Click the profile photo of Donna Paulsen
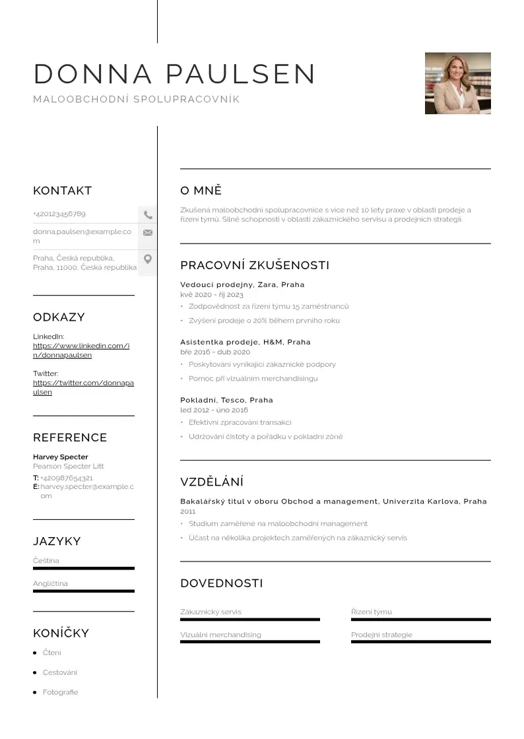click(x=457, y=83)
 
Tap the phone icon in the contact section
click(x=148, y=214)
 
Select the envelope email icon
click(x=148, y=232)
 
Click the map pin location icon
click(x=148, y=259)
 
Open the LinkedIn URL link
click(x=81, y=350)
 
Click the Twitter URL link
click(x=83, y=387)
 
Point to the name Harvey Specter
click(x=60, y=457)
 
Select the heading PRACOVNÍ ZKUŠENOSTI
click(x=255, y=265)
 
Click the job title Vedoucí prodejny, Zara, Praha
click(x=242, y=284)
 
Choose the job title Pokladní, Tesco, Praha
click(x=226, y=400)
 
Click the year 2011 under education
click(x=188, y=511)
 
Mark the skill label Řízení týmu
click(x=372, y=612)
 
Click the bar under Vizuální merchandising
click(x=249, y=641)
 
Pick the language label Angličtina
click(x=50, y=583)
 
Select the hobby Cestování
click(x=60, y=672)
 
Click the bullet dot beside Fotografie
click(x=35, y=692)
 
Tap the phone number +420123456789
click(x=59, y=214)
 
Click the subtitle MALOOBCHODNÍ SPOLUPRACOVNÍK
click(x=136, y=100)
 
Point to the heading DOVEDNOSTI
click(x=221, y=583)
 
